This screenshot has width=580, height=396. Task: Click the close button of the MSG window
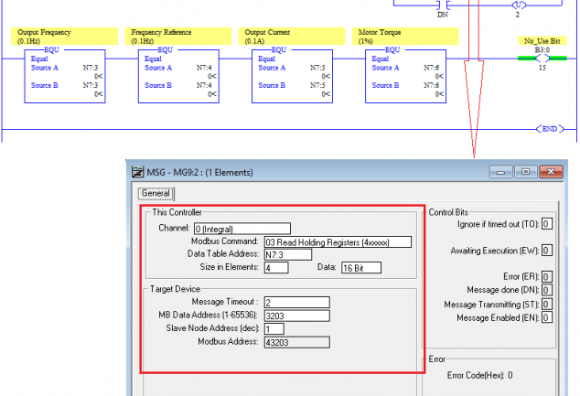551,172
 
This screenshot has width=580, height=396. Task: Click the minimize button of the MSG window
500,172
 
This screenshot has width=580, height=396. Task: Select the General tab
156,193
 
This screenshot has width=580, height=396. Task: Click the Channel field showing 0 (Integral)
242,229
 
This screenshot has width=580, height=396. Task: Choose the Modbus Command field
338,242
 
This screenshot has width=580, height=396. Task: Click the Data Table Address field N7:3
288,255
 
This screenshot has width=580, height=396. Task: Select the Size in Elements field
276,268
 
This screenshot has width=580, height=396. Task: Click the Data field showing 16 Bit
361,268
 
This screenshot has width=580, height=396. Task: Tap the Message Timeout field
296,303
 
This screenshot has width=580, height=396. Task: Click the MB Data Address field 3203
296,316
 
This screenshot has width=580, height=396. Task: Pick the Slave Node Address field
274,329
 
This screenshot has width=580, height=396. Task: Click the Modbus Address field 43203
296,342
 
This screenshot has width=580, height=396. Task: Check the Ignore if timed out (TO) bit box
547,224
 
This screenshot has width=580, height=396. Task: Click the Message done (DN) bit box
547,290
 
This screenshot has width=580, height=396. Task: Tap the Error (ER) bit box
547,276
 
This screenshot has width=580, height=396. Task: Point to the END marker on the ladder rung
550,129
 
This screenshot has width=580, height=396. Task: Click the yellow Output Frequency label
64,37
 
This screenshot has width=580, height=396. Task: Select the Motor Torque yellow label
405,37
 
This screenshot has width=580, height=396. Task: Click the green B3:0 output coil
542,58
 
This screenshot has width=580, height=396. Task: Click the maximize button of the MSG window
526,172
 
